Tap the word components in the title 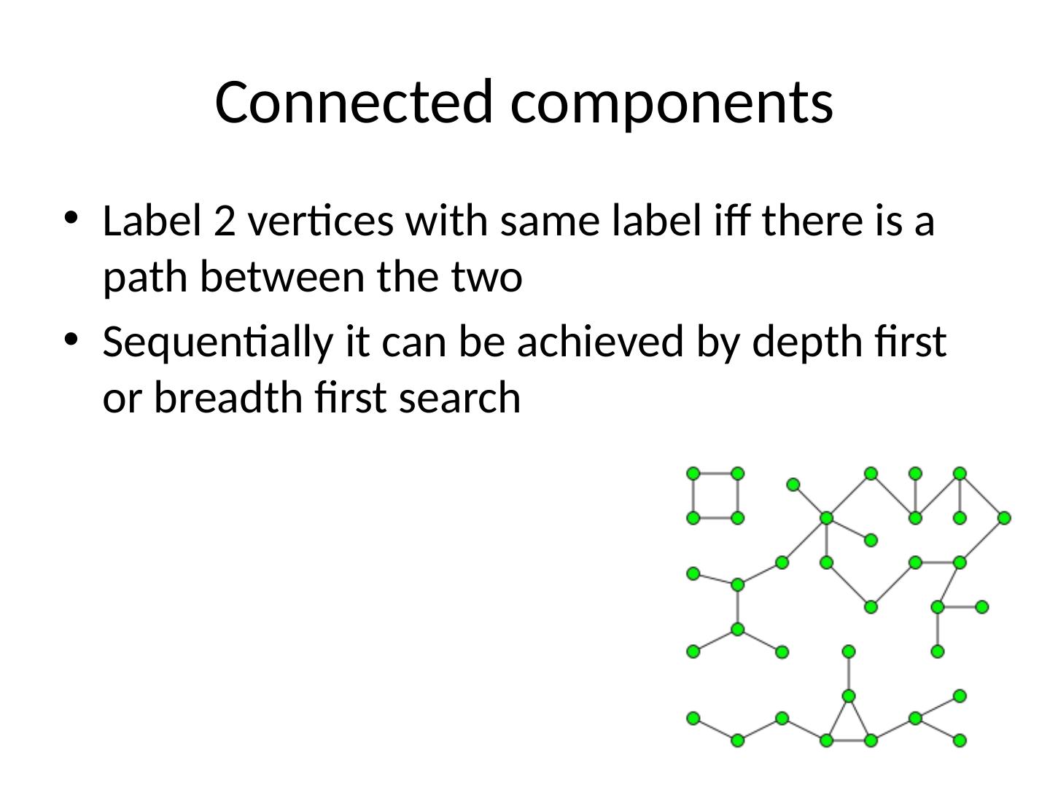[672, 101]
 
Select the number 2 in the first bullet [225, 222]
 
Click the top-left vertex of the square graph [693, 474]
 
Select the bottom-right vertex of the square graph [738, 518]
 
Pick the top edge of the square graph [715, 474]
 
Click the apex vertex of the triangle [849, 696]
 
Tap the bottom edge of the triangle [849, 740]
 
